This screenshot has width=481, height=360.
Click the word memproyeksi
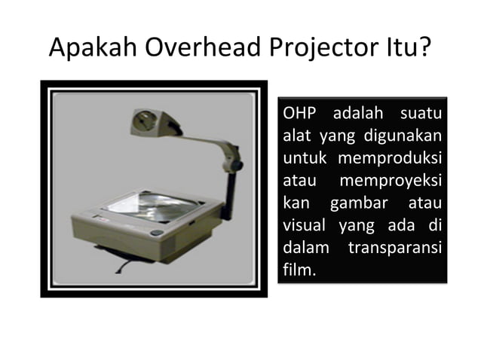click(x=392, y=182)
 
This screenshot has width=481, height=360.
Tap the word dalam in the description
click(x=302, y=246)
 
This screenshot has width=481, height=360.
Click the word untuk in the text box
click(x=303, y=160)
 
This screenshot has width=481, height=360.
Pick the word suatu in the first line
click(x=420, y=115)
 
